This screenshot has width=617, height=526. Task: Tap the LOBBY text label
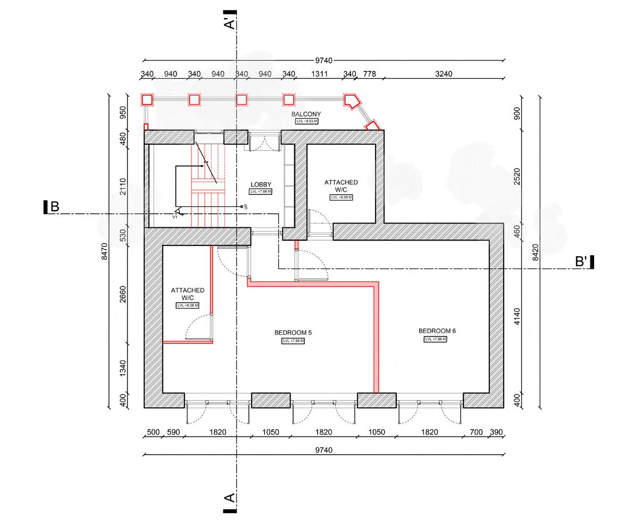(261, 185)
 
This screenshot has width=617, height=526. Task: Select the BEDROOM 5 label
(293, 333)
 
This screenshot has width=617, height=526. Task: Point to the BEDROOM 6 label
(437, 331)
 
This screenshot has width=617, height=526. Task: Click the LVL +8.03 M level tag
(306, 121)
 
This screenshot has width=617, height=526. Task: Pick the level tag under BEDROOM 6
(435, 339)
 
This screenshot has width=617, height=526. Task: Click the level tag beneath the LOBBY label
(261, 192)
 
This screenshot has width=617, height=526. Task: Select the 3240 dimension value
(443, 74)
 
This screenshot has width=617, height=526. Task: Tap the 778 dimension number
(369, 74)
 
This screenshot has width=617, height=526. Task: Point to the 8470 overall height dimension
(104, 251)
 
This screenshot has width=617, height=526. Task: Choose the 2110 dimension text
(123, 186)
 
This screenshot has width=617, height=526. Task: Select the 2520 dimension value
(518, 176)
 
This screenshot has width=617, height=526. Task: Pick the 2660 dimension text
(123, 294)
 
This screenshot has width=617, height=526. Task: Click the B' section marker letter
(581, 262)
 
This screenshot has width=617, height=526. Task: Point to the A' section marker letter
(230, 24)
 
